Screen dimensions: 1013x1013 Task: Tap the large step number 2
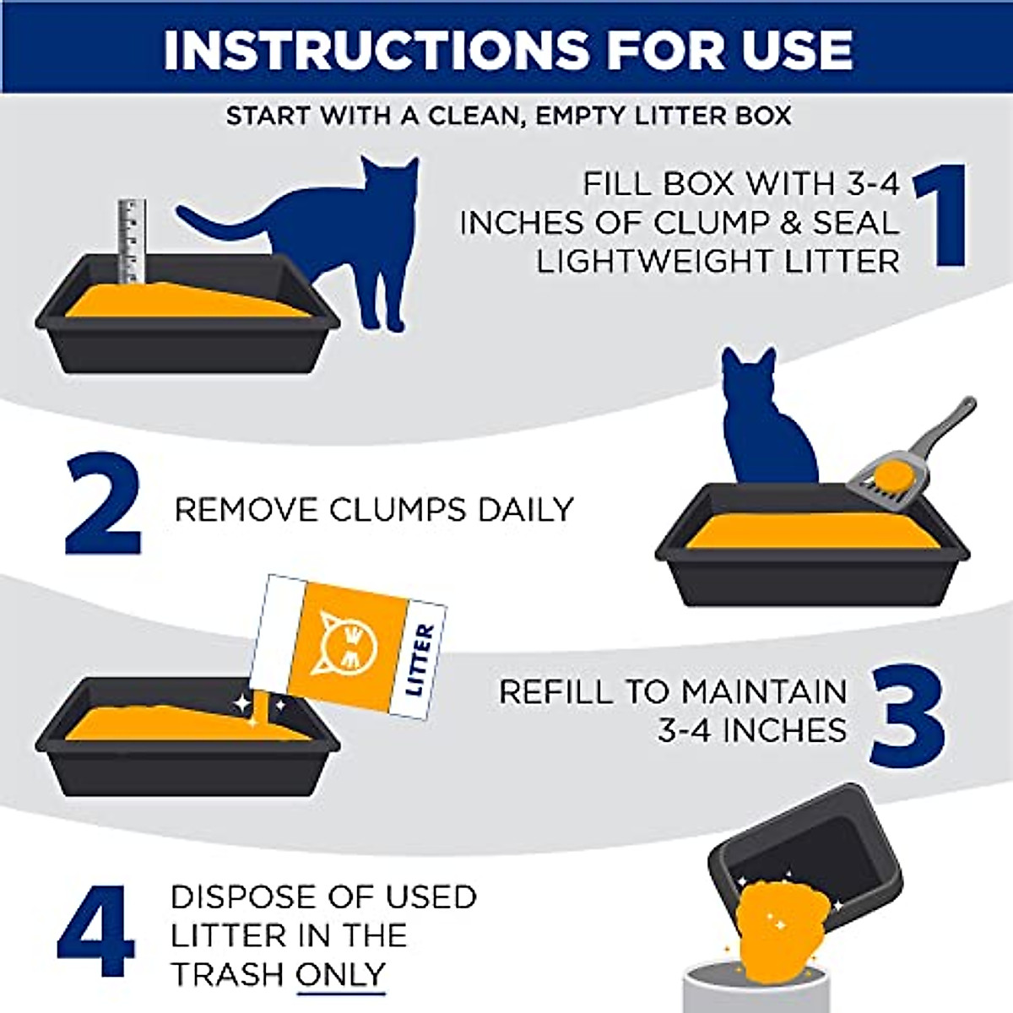pos(103,505)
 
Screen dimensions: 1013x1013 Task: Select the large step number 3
pos(907,716)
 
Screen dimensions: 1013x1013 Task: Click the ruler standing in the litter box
pos(132,241)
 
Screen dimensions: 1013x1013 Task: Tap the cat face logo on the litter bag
pos(343,643)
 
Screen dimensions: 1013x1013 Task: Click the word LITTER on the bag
pos(420,660)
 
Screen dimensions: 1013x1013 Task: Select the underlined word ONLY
pos(341,974)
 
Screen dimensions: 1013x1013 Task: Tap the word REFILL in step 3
pos(555,691)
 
